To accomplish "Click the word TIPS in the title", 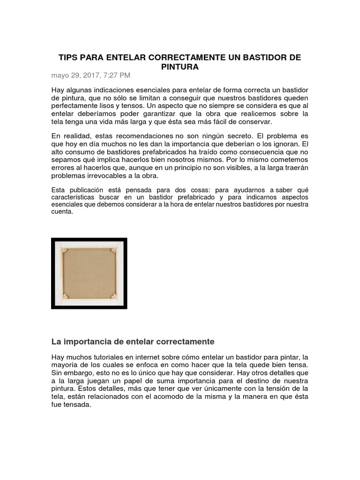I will click(x=67, y=58).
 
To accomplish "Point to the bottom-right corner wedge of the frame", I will click(x=113, y=297).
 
